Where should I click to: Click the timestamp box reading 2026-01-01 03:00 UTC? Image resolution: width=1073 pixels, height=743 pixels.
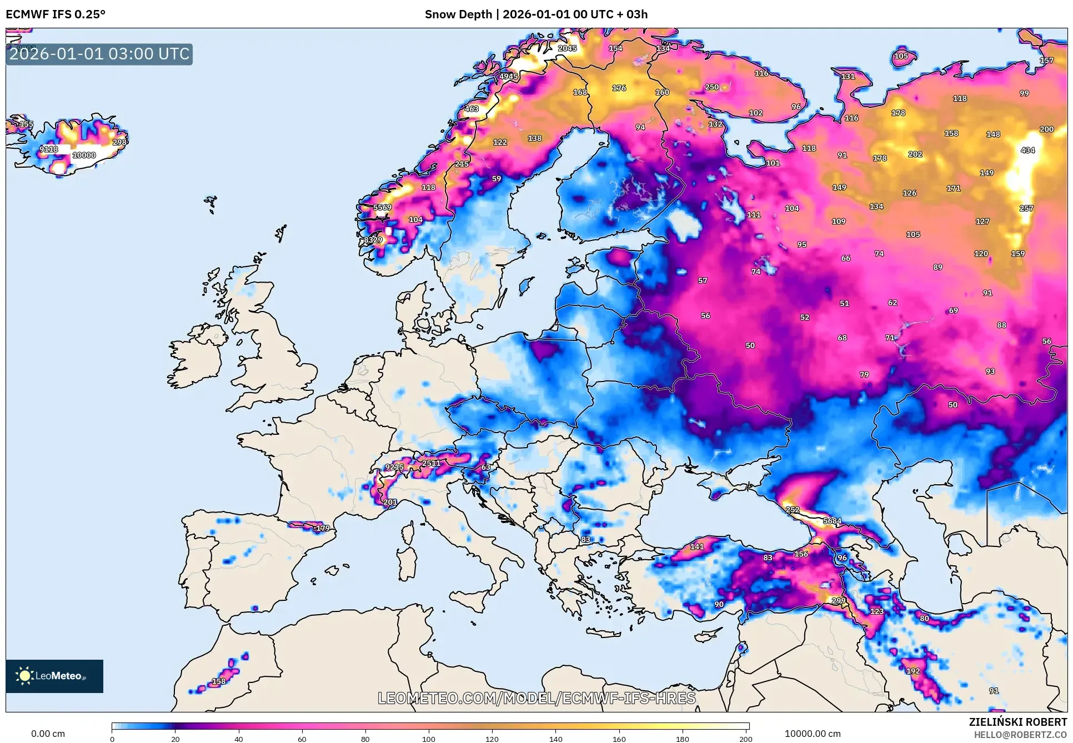click(x=99, y=54)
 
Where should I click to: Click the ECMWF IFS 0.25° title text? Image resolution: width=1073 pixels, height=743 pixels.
click(x=56, y=14)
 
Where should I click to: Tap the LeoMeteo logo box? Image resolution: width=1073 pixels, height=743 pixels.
click(x=54, y=676)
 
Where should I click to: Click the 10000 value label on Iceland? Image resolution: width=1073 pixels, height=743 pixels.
click(x=84, y=155)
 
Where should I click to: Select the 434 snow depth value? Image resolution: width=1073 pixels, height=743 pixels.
click(x=1027, y=150)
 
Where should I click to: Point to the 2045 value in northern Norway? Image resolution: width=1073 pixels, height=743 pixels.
click(x=567, y=48)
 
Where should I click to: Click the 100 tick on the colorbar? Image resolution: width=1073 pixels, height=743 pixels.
click(x=429, y=739)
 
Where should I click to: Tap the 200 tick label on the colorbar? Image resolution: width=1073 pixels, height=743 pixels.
click(x=746, y=739)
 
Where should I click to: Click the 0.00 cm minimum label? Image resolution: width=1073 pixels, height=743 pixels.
click(x=48, y=734)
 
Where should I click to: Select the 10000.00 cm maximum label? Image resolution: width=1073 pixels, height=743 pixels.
click(x=813, y=734)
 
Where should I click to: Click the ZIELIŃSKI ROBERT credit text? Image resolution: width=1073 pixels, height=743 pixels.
click(x=1018, y=722)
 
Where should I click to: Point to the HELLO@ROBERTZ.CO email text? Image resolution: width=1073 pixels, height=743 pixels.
click(x=1020, y=735)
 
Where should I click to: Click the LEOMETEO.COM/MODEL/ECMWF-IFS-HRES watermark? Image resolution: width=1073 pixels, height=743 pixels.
click(x=536, y=698)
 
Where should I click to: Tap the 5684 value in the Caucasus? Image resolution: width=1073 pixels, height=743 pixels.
click(x=832, y=521)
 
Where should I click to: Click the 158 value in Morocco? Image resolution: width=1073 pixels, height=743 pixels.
click(x=219, y=681)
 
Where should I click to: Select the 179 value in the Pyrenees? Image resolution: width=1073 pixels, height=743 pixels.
click(x=323, y=528)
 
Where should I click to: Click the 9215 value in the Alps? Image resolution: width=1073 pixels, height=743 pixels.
click(x=394, y=467)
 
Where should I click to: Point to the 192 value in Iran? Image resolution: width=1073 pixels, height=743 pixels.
click(x=913, y=671)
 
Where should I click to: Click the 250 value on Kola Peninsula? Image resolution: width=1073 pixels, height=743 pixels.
click(x=712, y=87)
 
